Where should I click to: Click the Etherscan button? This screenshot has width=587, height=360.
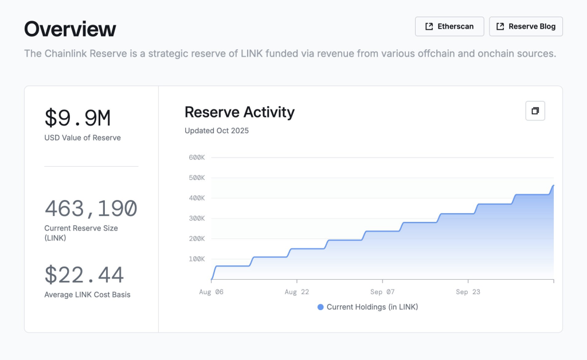tap(449, 26)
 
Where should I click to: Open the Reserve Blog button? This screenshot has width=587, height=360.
tap(526, 26)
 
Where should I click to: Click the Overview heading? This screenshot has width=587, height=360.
tap(70, 29)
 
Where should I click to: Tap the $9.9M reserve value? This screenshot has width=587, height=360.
tap(77, 118)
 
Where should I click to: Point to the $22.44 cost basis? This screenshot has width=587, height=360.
tap(84, 275)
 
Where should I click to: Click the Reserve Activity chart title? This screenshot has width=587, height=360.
tap(239, 112)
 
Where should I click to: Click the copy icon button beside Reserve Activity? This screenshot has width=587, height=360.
tap(535, 111)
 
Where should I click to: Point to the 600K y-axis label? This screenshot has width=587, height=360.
tap(197, 157)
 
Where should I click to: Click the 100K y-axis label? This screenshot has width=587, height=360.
tap(197, 259)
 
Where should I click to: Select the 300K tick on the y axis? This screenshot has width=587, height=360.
tap(197, 218)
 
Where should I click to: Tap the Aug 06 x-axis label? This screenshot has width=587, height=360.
tap(212, 292)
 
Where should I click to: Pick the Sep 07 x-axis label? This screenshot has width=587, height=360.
tap(382, 292)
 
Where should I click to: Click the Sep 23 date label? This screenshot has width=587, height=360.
tap(468, 292)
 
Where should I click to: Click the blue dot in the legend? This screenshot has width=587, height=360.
tap(320, 307)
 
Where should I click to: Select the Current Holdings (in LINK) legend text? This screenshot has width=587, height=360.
tap(372, 307)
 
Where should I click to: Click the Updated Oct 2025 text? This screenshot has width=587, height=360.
tap(217, 131)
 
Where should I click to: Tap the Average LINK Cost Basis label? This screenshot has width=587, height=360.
tap(87, 295)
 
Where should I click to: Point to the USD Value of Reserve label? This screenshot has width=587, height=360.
tap(83, 138)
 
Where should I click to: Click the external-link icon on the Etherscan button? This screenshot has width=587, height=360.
tap(429, 26)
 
